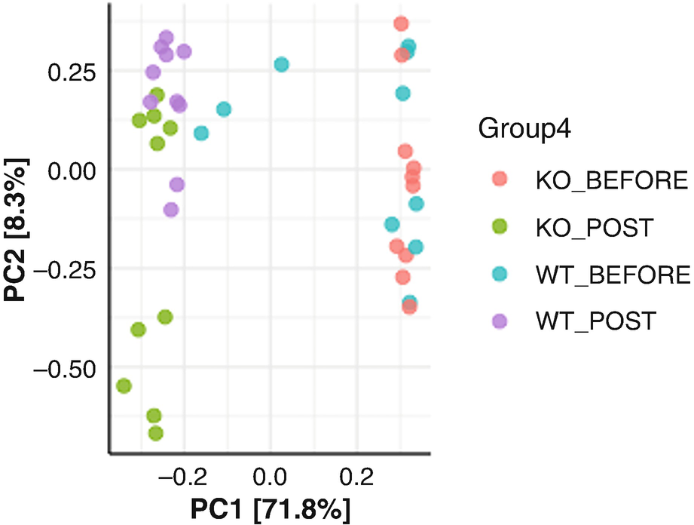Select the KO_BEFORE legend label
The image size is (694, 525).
[612, 180]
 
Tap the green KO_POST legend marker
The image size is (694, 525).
[500, 227]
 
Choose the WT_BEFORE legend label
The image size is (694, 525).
[613, 274]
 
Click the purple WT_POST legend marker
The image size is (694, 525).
[500, 321]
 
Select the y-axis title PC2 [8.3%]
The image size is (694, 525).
[17, 231]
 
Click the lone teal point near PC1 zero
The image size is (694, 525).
[281, 65]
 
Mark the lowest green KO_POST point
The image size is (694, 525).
[156, 433]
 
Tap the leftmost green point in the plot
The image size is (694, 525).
[124, 385]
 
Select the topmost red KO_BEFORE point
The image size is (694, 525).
[401, 24]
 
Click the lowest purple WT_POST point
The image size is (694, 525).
[171, 210]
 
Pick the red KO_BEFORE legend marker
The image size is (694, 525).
[500, 180]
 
